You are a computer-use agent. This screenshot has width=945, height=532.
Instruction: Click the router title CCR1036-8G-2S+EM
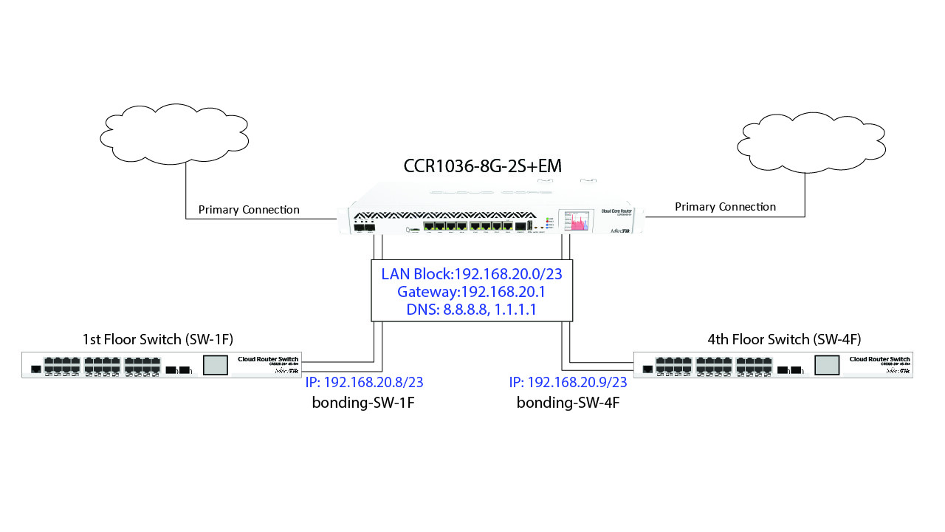pos(483,166)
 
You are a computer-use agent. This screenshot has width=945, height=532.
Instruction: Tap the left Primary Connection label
pos(249,210)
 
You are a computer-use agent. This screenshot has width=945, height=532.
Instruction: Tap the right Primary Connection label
pos(725,207)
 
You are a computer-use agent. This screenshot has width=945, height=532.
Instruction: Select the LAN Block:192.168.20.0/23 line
pos(472,274)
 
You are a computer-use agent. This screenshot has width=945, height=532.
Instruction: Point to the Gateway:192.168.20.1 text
pos(472,292)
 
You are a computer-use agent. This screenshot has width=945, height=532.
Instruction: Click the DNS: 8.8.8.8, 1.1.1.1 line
pos(472,310)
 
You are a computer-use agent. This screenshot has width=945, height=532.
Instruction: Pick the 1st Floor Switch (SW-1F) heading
pos(158,340)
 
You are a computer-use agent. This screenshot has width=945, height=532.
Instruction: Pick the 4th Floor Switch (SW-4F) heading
pos(784,340)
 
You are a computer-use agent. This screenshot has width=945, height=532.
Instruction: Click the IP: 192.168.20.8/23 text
pos(364,382)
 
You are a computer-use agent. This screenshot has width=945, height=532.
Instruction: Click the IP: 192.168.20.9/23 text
pos(568,382)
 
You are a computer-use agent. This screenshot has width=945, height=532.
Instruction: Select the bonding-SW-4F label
pos(567,403)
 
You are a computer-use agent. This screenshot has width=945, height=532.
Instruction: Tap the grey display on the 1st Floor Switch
pos(216,365)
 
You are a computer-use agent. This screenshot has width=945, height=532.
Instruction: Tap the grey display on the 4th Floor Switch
pos(828,365)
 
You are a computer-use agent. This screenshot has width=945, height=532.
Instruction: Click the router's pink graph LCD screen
pos(577,220)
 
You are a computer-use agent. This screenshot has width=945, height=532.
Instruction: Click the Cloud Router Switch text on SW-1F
pos(268,359)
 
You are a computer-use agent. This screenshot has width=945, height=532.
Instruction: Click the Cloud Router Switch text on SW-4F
pos(880,359)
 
